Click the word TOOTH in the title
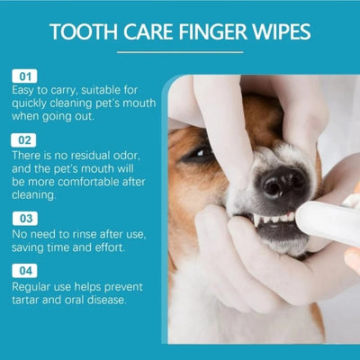click(80, 34)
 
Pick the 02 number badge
click(24, 141)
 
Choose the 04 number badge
click(24, 269)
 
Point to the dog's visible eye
click(200, 154)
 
